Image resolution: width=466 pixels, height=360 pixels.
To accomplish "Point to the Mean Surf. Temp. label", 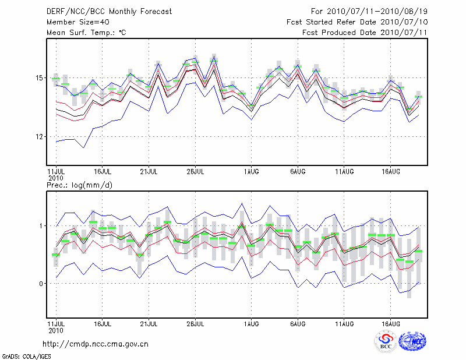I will pos(86,33).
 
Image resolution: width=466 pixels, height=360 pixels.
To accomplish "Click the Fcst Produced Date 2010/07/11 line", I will pos(365,33).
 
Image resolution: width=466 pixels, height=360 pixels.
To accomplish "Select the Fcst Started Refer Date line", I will pos(358,22).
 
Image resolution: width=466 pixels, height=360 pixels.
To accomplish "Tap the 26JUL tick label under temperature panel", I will pos(195,171).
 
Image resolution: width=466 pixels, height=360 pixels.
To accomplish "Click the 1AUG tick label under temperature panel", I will pos(251,171).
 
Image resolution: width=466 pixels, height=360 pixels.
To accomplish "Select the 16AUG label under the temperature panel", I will pos(390,171).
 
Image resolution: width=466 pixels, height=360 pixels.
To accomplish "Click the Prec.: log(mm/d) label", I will pos(79,185).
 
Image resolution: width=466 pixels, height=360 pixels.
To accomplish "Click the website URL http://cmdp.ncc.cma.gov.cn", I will pos(96,344).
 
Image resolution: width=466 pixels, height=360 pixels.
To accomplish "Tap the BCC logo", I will pos(386,342).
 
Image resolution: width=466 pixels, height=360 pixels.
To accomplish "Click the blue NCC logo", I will pos(412,341).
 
